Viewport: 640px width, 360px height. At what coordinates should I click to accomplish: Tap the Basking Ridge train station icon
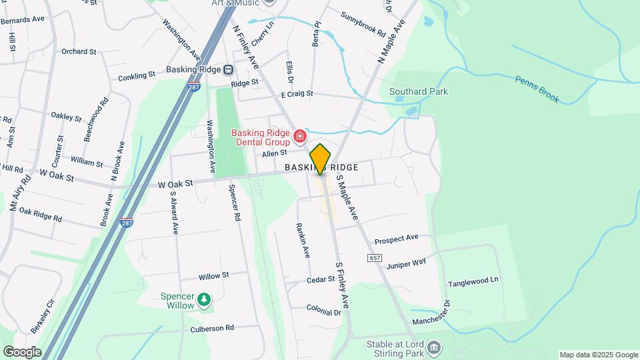coord(228,69)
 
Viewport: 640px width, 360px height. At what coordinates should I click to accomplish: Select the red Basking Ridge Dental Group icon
coord(300,137)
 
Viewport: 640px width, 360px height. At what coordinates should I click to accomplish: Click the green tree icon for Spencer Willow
coord(205,303)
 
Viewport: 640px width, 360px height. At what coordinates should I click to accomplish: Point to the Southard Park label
coord(418,91)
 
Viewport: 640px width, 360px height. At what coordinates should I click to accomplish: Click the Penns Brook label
coord(537,89)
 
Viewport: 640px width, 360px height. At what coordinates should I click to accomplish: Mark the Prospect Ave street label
coord(396,238)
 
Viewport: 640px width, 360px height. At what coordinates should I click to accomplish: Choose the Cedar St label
coord(321,280)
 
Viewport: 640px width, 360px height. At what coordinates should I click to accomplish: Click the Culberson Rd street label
coord(212,328)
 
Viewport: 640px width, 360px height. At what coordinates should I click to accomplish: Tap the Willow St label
coord(213,275)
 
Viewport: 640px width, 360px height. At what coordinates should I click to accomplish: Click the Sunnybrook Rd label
coord(363,24)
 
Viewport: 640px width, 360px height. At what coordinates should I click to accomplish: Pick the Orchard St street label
coord(79,51)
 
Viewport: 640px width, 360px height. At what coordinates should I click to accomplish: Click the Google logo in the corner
coord(22,351)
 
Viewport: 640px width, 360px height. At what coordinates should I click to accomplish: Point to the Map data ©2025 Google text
coord(598,355)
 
